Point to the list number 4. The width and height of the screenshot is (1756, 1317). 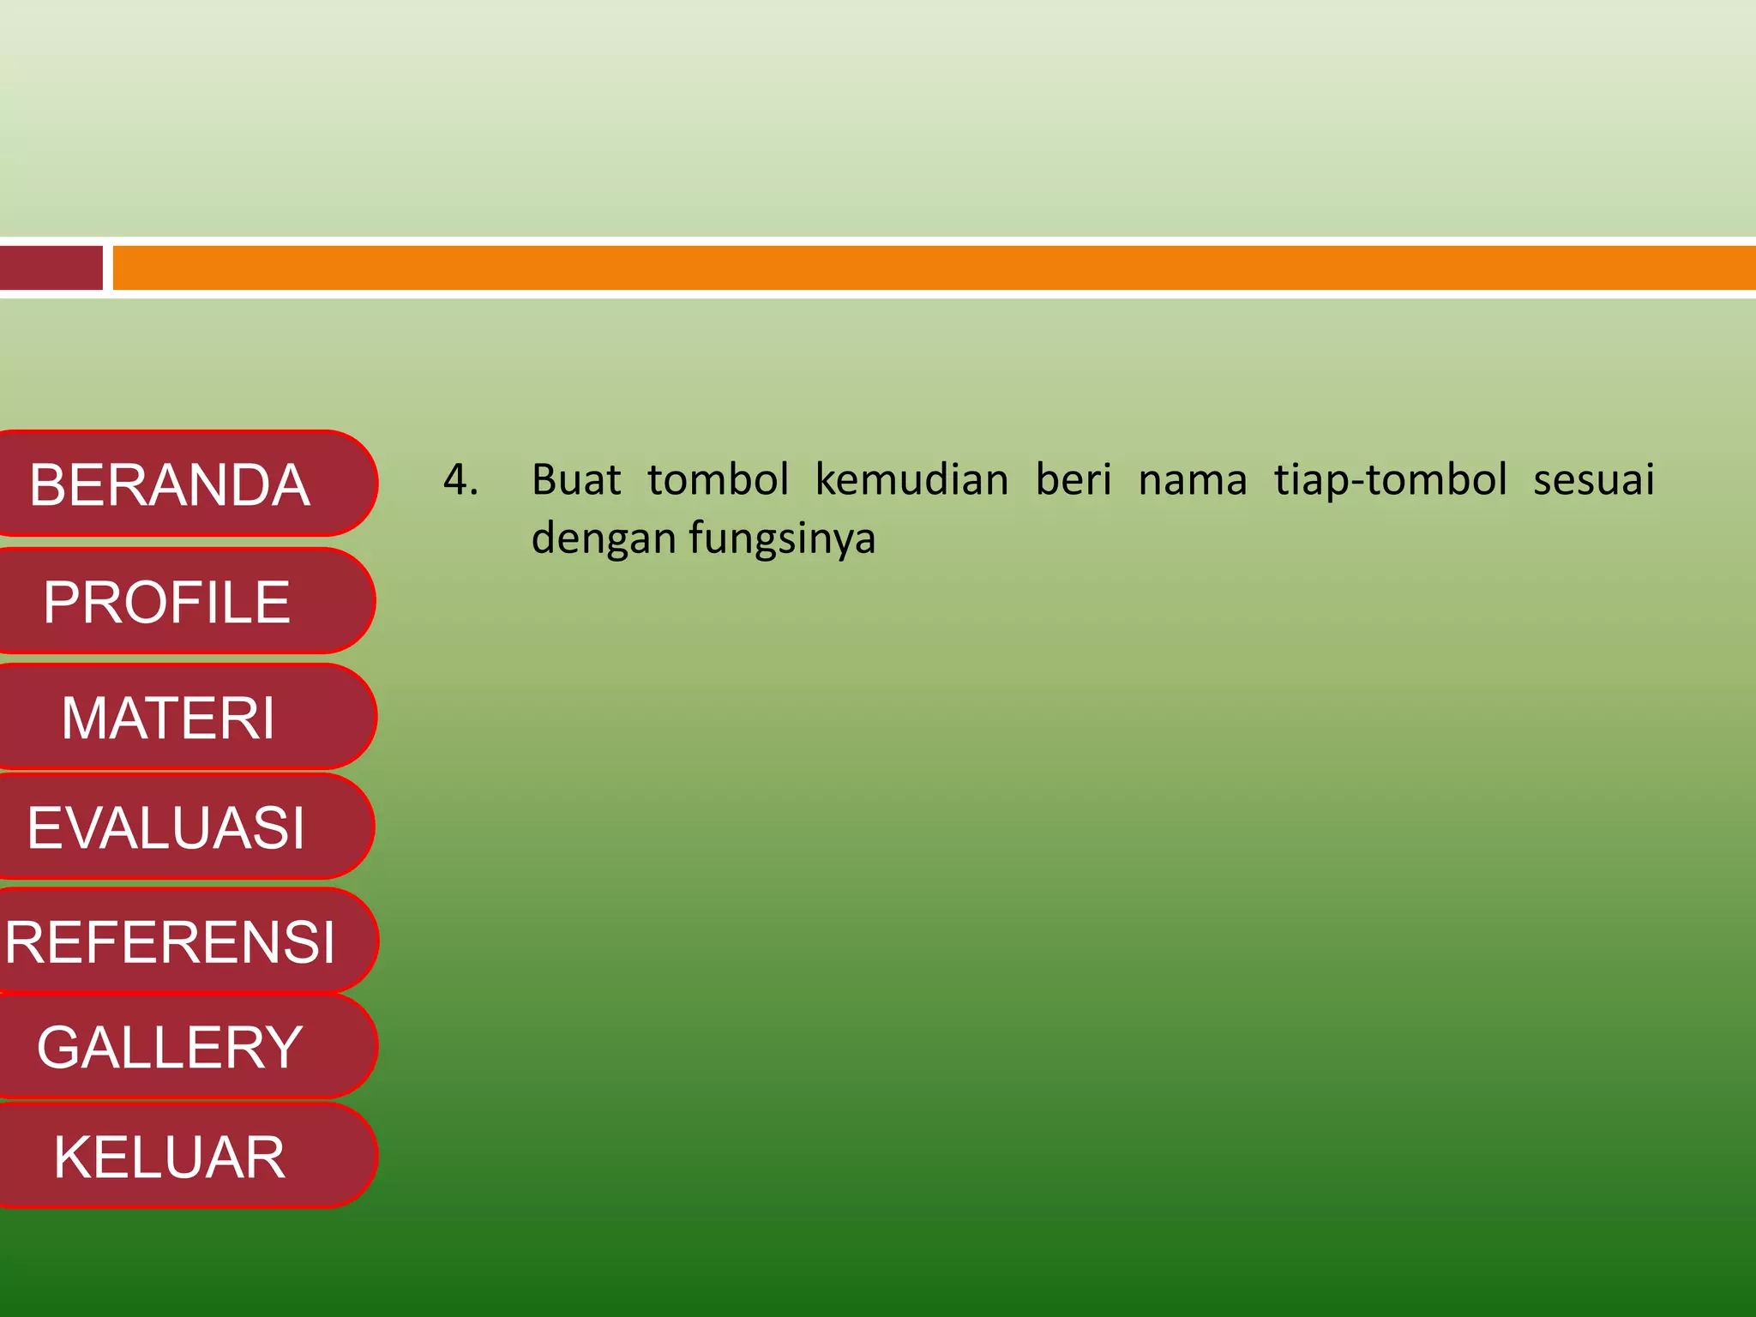[460, 480]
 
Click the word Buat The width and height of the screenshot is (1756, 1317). [575, 480]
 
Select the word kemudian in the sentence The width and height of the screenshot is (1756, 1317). [911, 480]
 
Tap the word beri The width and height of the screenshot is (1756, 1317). [1073, 480]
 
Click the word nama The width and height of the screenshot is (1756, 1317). [1192, 480]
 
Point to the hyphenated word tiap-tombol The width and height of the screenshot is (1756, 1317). [1390, 480]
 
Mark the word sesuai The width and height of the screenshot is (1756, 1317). [1593, 480]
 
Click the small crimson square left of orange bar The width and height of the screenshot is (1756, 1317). [51, 268]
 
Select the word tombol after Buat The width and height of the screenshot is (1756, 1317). [718, 480]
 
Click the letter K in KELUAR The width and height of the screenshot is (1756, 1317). [71, 1157]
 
